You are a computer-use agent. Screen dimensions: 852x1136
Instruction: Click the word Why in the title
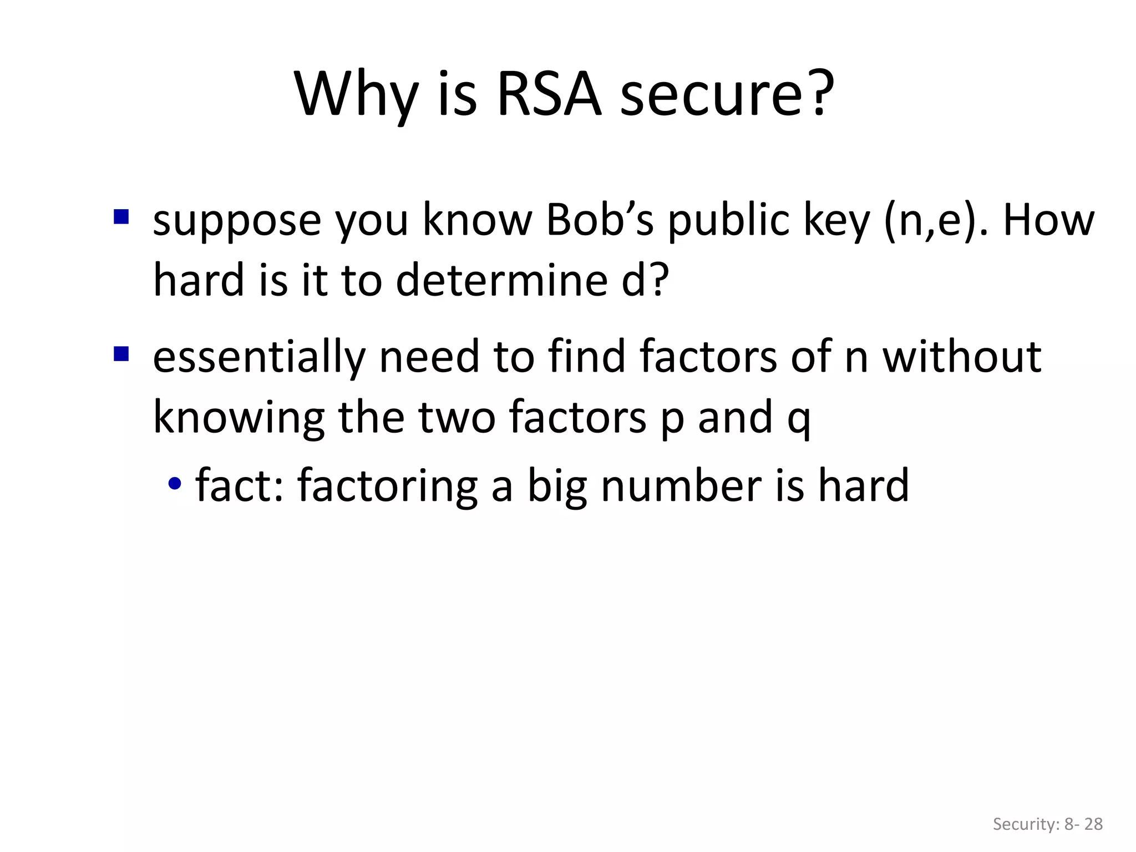click(355, 94)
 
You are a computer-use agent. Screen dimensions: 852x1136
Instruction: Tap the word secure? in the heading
click(727, 94)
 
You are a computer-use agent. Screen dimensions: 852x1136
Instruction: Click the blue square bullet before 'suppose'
click(121, 216)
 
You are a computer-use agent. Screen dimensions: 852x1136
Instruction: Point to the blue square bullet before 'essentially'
click(121, 353)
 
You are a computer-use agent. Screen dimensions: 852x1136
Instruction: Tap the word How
click(1048, 220)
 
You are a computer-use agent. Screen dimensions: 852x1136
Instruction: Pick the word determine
click(502, 280)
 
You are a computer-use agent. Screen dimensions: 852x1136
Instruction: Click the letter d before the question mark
click(633, 280)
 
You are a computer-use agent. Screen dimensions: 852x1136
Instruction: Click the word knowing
click(239, 418)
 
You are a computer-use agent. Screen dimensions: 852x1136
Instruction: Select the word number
click(681, 485)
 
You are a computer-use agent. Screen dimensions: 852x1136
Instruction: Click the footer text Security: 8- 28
click(1047, 824)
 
